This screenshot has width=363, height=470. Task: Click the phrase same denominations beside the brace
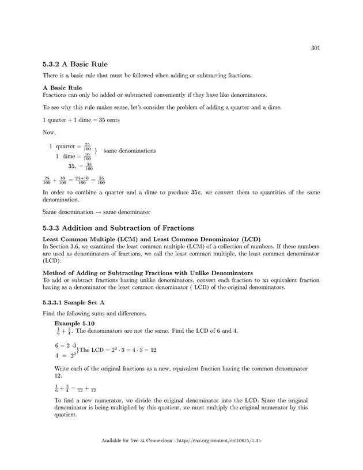130,151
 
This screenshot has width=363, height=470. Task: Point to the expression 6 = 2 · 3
65,345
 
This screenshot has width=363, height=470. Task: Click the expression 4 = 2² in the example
65,355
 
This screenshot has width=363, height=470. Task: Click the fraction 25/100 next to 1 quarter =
87,146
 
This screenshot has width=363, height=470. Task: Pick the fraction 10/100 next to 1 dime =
87,156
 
